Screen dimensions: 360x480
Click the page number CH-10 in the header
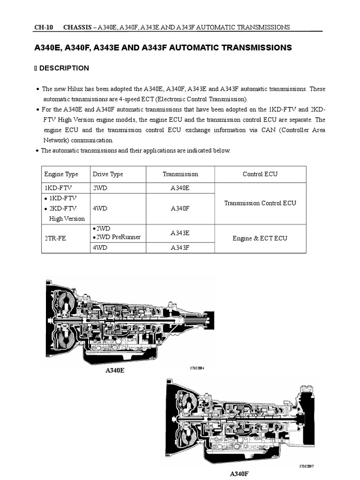43,27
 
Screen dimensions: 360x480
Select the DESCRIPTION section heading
64,68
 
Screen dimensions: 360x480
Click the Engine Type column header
61,174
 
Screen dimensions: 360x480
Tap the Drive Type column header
108,174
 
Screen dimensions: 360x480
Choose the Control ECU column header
260,174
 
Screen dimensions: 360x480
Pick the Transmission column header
180,174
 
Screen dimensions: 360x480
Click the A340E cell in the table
180,188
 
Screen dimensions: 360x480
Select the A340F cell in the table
180,209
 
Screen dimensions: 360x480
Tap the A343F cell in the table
180,248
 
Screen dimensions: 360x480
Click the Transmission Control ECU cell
260,203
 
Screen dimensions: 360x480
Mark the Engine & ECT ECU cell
260,238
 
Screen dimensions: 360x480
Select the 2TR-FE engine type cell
55,238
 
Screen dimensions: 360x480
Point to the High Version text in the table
67,218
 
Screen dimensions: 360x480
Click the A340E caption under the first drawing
115,370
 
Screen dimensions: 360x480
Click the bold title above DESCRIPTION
163,48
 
